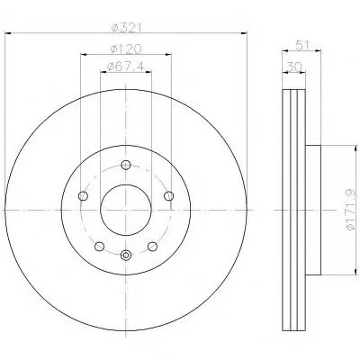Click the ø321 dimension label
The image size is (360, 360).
point(126,28)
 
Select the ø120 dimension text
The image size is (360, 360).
point(126,49)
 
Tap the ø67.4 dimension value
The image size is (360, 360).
point(125,67)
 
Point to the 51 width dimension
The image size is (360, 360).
point(302,46)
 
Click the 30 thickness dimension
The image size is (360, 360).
point(293,67)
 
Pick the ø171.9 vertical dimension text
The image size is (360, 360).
point(351,210)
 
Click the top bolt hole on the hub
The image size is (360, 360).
point(126,165)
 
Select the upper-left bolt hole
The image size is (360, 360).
point(83,196)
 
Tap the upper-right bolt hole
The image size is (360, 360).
point(169,196)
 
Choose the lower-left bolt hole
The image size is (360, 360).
point(99,247)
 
